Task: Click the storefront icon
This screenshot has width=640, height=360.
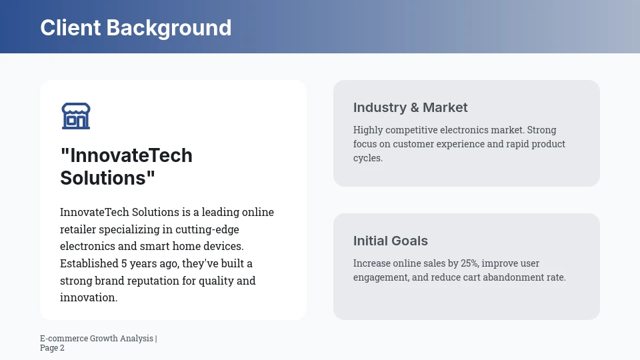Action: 76,116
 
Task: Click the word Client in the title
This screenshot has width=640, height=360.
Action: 70,28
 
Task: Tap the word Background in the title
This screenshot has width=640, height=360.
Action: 169,28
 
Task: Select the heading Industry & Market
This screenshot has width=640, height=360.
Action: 410,107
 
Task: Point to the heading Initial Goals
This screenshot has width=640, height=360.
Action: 390,241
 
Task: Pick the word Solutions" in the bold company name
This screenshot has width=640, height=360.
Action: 107,178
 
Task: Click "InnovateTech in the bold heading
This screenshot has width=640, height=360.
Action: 126,155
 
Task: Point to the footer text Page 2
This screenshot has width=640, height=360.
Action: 52,348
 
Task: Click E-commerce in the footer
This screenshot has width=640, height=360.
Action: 63,339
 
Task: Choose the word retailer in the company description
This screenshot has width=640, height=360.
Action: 78,229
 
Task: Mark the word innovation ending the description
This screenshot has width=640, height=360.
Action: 88,297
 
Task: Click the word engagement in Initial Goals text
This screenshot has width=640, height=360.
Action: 381,277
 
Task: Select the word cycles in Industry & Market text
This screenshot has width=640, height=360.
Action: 367,158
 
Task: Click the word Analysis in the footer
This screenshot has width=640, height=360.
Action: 136,339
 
